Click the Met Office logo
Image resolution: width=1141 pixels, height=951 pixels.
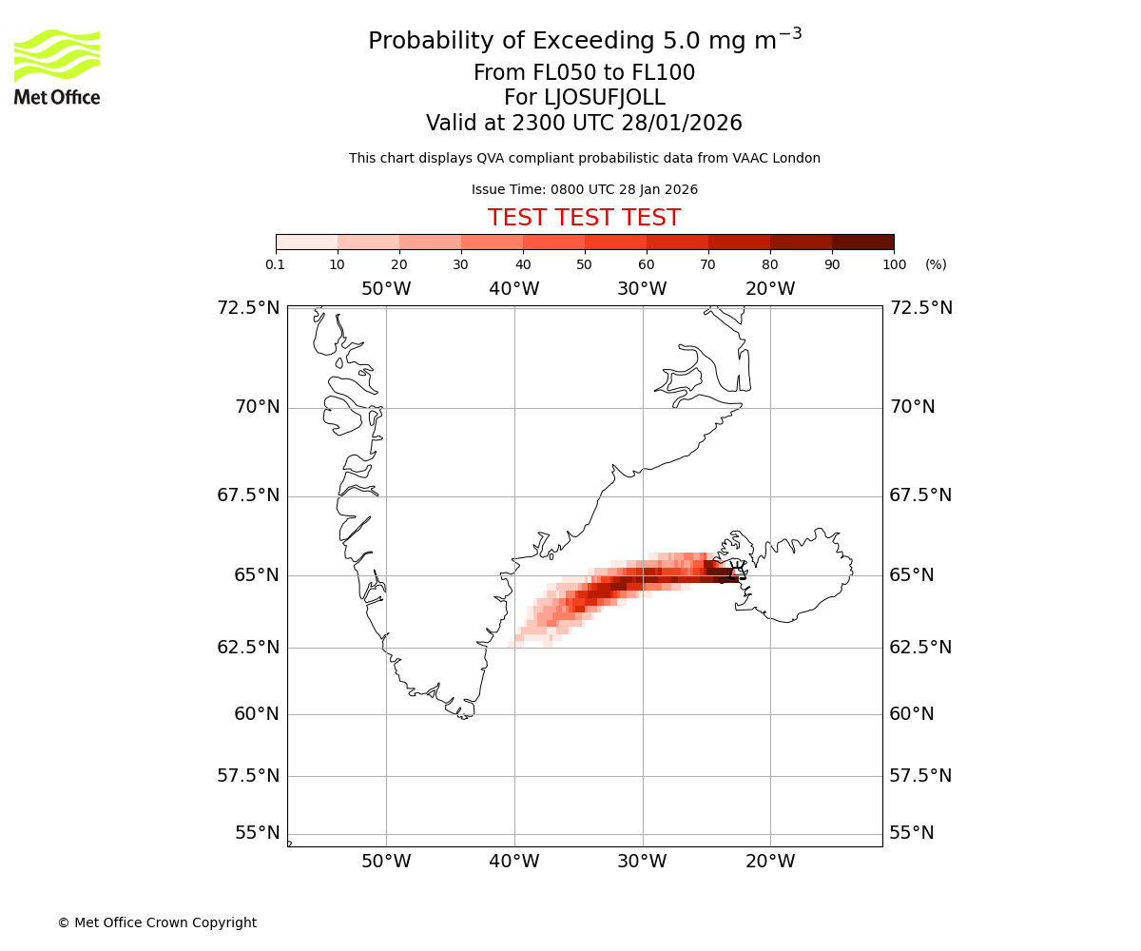click(57, 67)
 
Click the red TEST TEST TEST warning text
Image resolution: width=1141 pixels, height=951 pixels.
click(584, 218)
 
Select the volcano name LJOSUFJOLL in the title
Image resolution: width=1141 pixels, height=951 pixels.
click(584, 98)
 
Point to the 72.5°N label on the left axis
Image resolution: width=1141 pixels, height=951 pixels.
click(248, 307)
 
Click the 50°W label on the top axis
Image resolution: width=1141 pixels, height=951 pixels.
click(386, 289)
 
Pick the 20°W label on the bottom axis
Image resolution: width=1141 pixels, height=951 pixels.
click(770, 862)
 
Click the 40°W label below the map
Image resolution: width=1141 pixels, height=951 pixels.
click(514, 862)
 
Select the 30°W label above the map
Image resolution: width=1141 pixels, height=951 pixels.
click(642, 289)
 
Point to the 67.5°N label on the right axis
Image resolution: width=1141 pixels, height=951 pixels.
click(920, 495)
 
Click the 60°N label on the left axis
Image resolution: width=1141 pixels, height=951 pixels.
click(257, 713)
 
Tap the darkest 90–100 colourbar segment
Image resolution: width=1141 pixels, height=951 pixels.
click(862, 242)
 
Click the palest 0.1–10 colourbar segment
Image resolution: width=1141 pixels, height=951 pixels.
click(307, 242)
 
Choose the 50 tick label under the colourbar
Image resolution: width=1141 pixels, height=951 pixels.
click(584, 264)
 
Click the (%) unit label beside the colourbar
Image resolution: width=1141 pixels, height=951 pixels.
click(936, 264)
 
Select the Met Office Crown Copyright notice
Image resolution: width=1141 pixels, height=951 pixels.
click(157, 922)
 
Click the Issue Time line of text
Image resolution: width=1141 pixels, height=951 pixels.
click(584, 189)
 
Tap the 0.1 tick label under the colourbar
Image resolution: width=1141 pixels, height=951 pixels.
click(276, 264)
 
